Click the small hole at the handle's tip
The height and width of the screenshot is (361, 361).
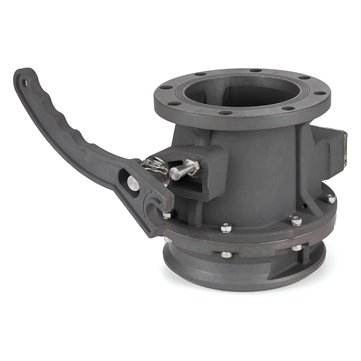(23, 81)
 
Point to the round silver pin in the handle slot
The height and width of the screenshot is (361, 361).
(133, 183)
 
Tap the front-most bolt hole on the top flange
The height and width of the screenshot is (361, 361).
(225, 112)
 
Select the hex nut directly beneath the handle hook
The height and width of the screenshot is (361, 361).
(168, 214)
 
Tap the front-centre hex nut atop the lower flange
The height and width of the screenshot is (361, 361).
(226, 227)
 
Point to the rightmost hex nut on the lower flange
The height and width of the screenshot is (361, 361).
(330, 198)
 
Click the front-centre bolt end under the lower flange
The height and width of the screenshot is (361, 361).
(226, 254)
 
